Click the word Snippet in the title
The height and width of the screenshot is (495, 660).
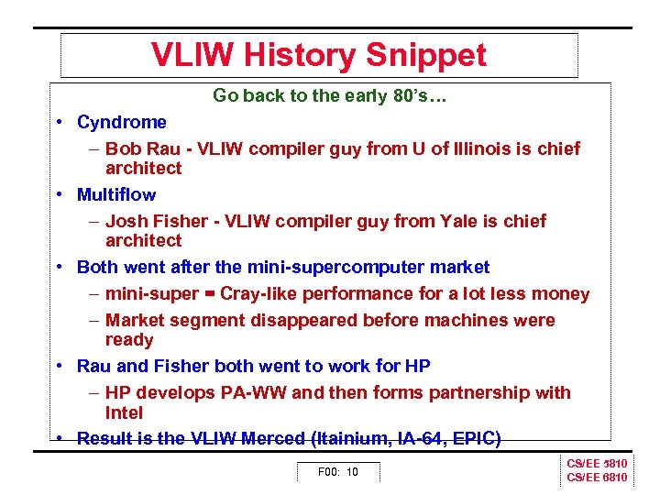426,56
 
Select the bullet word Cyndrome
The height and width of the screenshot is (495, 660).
122,123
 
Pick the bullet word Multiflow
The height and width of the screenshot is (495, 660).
116,195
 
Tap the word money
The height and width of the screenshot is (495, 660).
562,294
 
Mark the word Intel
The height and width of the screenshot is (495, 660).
125,412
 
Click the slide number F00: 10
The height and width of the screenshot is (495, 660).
337,472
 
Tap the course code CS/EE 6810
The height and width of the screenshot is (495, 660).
597,478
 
